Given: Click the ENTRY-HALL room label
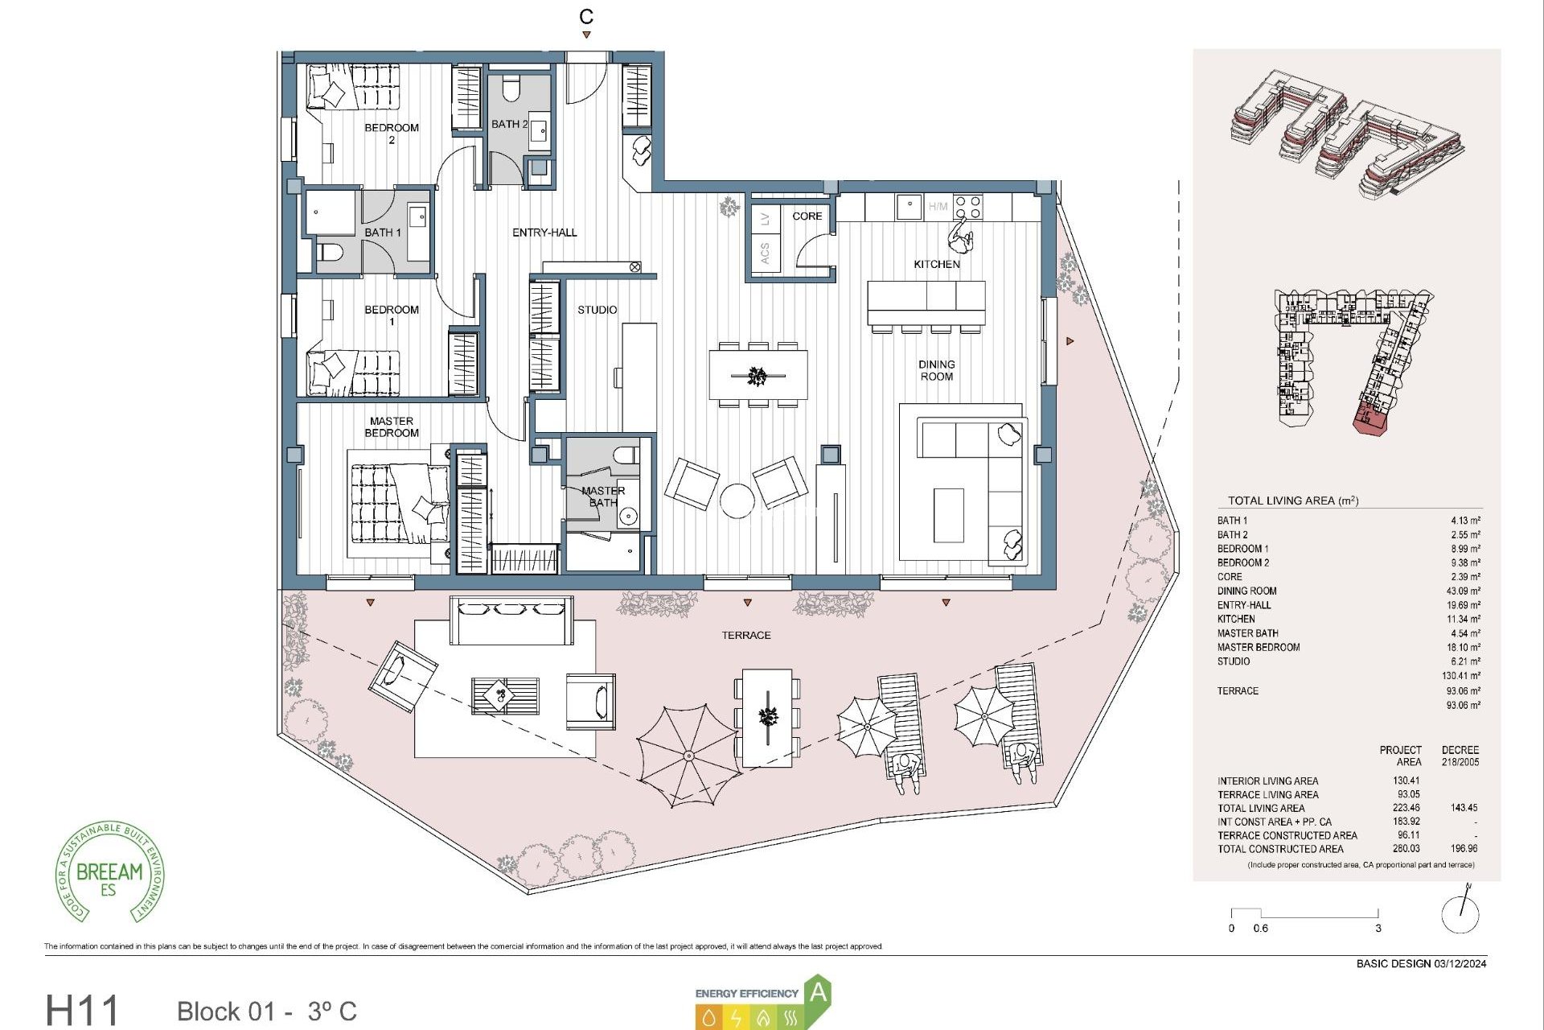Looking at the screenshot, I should point(544,233).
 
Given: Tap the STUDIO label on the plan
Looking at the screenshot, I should point(597,310).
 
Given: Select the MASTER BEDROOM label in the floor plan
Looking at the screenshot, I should point(392,426).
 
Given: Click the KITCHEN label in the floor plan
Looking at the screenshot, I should point(936,264).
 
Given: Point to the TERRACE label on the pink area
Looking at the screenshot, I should point(745,635).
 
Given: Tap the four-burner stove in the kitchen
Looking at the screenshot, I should point(967,207).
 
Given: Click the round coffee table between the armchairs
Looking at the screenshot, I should point(737,501).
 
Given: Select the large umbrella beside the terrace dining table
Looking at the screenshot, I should point(688,755).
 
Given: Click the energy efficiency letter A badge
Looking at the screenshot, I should point(818,992).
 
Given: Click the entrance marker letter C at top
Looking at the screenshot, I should point(586,17).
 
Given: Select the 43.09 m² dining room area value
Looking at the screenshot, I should point(1463,591).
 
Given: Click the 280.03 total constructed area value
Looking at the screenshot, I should point(1406,848).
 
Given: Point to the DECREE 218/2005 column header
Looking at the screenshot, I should point(1460,756).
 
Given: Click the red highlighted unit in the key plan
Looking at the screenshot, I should point(1369,418).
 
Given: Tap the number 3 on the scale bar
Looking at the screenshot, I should point(1378,928).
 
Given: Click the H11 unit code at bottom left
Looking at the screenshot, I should point(82,1010).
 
